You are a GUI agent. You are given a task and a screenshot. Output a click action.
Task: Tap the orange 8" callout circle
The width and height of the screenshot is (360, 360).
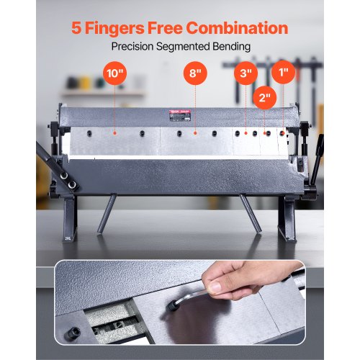click(194, 73)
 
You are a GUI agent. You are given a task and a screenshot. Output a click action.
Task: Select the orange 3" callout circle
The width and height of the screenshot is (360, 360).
click(246, 73)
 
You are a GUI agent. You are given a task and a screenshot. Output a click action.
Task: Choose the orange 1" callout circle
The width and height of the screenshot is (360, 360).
click(283, 73)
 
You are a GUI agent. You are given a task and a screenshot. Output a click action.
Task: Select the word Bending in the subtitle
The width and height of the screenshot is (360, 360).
click(228, 46)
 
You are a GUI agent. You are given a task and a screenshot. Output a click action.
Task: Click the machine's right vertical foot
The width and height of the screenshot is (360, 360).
click(290, 216)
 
